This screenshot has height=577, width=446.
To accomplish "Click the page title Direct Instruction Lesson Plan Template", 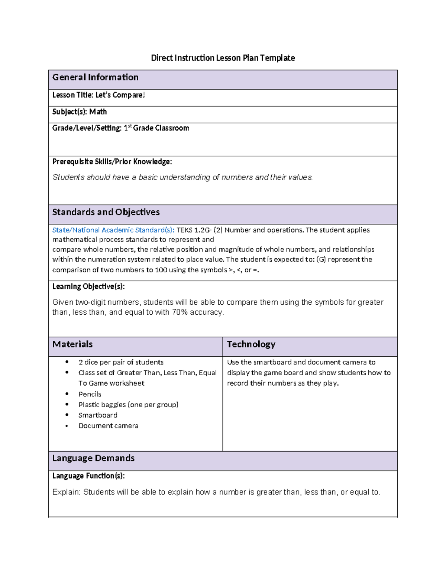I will coord(223,58).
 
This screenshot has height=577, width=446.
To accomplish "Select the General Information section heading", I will coord(95,77).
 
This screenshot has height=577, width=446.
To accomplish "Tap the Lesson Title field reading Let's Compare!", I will coord(98,95).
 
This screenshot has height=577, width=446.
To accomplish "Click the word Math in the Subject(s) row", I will coord(98,112).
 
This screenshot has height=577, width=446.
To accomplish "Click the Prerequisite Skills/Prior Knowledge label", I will coord(112,162).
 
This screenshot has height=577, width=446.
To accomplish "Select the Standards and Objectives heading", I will coord(106,212).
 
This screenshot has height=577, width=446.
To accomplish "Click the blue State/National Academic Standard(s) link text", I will coord(113,230).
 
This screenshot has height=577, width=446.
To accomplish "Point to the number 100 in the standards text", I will coord(161,270).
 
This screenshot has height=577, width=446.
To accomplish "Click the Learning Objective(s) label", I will coord(88,286).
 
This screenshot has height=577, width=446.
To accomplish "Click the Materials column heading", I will coord(72,344).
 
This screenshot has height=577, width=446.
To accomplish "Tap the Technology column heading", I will coord(251,344).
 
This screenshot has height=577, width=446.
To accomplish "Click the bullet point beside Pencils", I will coord(67,394).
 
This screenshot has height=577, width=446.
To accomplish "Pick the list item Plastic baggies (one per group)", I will coord(128,405).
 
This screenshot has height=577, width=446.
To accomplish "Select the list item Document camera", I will coord(108,426).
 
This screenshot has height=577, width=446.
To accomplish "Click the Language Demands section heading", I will coord(93,458).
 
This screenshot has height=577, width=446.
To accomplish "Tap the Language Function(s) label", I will coord(88,476).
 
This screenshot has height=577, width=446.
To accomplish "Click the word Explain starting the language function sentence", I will coord(66,492).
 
